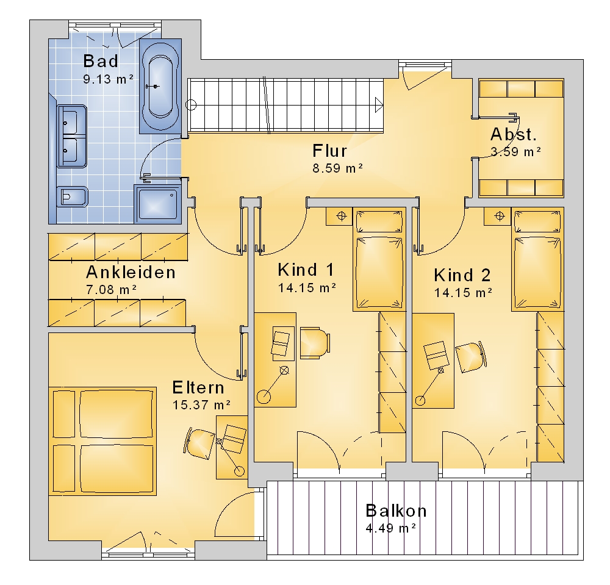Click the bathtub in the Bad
160,86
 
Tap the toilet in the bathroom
73,197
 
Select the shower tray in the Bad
157,204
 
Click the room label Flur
329,151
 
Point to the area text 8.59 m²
338,168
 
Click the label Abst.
514,134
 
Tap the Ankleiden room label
131,272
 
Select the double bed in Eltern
102,441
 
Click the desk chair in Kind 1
315,343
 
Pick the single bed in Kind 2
537,259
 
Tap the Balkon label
396,511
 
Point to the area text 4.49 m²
391,528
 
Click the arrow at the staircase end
379,105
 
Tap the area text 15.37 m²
201,405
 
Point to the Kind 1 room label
306,270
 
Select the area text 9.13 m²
109,79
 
